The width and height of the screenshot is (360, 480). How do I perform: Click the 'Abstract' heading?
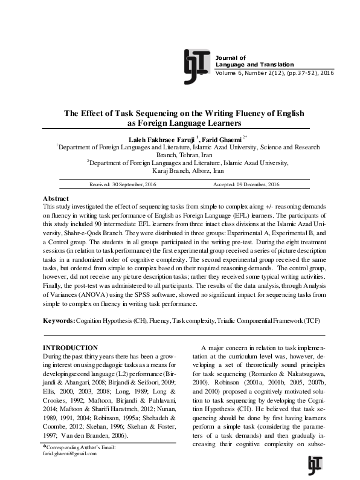tap(56, 198)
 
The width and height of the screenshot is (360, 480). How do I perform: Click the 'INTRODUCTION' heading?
tap(71, 348)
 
